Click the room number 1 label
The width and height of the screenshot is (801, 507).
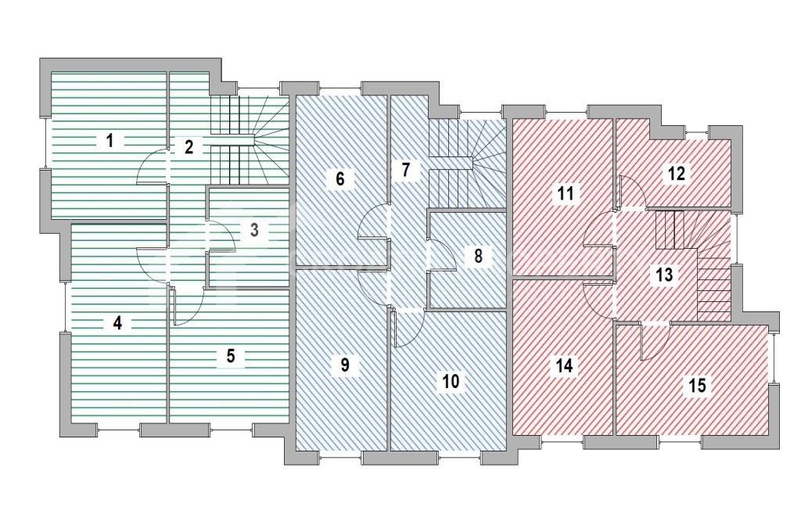(x=110, y=141)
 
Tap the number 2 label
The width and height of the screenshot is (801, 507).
(x=189, y=146)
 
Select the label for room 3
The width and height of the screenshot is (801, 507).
(x=254, y=230)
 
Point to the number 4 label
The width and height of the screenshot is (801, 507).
(x=117, y=322)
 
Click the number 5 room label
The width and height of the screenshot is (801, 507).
(x=230, y=356)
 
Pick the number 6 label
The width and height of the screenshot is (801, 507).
(x=339, y=178)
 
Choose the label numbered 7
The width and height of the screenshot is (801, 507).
(x=404, y=170)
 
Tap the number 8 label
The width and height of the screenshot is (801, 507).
(x=477, y=255)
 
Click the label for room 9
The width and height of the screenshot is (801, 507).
(x=344, y=365)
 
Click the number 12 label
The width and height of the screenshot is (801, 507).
(x=677, y=174)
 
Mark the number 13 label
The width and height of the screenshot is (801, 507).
(x=664, y=275)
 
